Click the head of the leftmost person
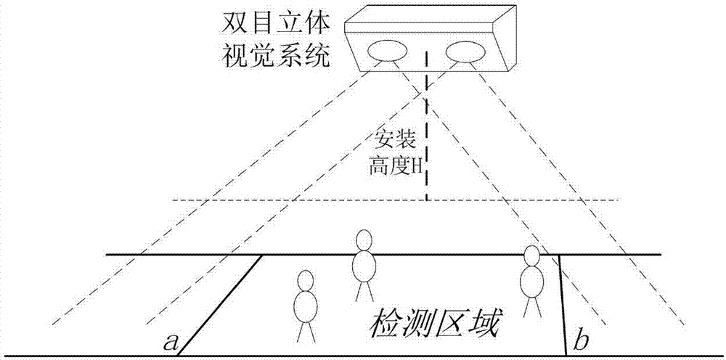306,280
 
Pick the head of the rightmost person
532,255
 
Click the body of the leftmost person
305,306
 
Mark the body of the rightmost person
532,282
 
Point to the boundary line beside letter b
563,305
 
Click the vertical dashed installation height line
426,145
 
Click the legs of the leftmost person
305,331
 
